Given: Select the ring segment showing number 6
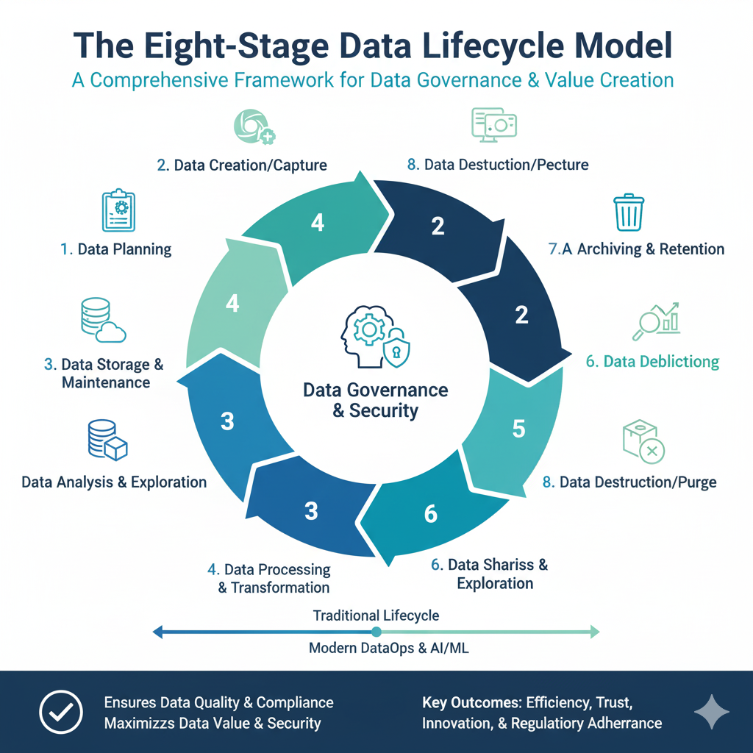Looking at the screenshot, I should click(431, 514).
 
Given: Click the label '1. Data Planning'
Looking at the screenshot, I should click(115, 249).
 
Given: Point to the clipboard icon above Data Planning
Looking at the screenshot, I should click(118, 212).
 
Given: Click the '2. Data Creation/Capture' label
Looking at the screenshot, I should click(242, 164).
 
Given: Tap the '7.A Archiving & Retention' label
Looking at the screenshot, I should click(637, 249).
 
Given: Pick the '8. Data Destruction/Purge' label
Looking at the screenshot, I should click(629, 482).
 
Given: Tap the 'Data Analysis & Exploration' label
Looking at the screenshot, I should click(114, 482).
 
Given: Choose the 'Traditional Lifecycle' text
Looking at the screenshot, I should click(376, 615).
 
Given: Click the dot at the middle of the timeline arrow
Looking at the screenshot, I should click(376, 631).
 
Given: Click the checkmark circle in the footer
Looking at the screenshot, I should click(60, 713).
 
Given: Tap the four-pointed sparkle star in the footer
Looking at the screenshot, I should click(712, 713).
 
